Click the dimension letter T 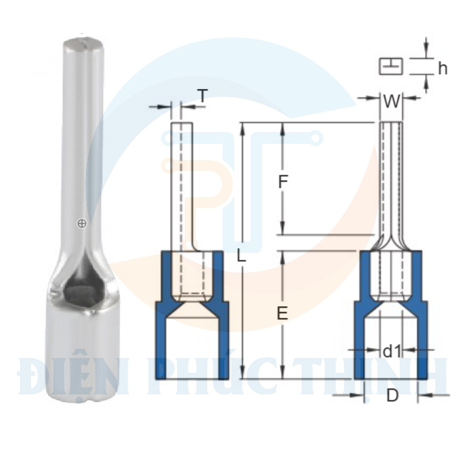(203, 96)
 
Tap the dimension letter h (442, 68)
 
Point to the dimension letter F (283, 183)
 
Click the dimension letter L (242, 256)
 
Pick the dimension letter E (282, 313)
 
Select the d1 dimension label (392, 352)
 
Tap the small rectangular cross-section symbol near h (391, 67)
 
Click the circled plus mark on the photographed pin (81, 223)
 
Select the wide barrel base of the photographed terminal (73, 356)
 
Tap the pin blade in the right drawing (391, 178)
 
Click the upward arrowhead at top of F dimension (283, 128)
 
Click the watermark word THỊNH (394, 377)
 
